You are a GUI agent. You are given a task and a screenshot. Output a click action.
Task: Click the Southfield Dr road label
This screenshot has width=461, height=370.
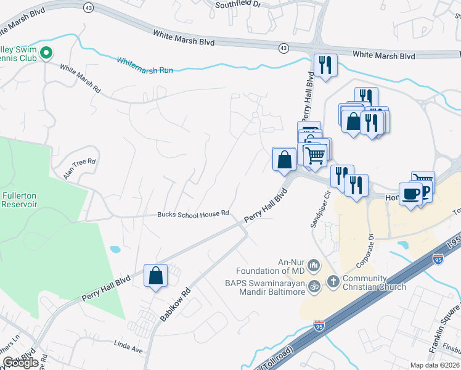click(239, 4)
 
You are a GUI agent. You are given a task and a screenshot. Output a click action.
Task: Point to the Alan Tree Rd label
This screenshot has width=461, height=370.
click(80, 168)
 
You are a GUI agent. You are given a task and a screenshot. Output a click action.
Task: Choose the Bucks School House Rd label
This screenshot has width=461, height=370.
click(193, 213)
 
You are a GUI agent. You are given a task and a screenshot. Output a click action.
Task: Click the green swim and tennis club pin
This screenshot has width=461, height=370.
click(46, 55)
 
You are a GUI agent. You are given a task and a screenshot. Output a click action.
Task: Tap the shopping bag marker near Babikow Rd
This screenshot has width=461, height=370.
click(156, 275)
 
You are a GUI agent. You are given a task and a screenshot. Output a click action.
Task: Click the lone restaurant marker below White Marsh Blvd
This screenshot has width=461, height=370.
click(324, 65)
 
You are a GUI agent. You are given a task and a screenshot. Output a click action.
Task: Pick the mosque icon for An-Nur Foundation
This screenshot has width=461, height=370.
click(314, 266)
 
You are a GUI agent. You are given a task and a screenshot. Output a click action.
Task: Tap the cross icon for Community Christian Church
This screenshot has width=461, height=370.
click(333, 281)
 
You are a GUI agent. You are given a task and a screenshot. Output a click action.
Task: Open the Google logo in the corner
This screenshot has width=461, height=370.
click(20, 363)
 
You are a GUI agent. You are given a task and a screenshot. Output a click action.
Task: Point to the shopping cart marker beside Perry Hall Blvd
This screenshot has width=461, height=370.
click(315, 154)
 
